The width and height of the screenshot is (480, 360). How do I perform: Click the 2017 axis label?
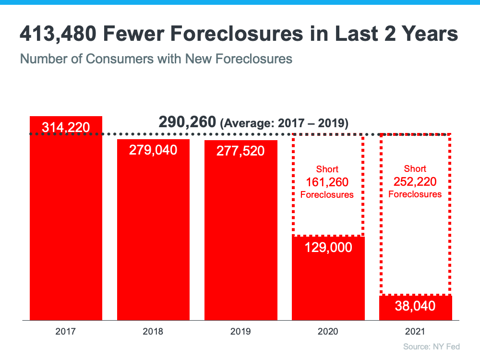pos(66,331)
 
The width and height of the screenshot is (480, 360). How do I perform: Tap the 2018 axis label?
pos(153,331)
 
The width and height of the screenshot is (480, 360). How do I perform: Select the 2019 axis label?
pos(240,331)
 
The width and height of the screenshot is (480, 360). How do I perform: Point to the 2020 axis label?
pos(328,331)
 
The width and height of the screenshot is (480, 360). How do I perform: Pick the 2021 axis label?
pos(415,331)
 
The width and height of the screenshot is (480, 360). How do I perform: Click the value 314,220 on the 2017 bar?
pos(66,127)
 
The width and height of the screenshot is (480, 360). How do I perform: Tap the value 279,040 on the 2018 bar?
pos(153,150)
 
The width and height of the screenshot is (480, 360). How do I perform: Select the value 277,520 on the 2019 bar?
pos(240,151)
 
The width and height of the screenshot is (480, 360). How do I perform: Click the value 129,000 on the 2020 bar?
pos(328,248)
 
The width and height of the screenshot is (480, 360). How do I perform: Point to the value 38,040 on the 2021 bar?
pos(415,306)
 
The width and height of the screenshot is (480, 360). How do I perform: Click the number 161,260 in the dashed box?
pos(327,182)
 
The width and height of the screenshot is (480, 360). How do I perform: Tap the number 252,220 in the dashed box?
pos(415,181)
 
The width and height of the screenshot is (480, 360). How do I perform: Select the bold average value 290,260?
pos(187,122)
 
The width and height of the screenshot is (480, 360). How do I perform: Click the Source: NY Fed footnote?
pos(432,347)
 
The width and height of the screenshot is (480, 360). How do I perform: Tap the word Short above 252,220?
pos(415,169)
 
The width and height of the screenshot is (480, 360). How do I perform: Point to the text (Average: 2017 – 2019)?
pos(284,123)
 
